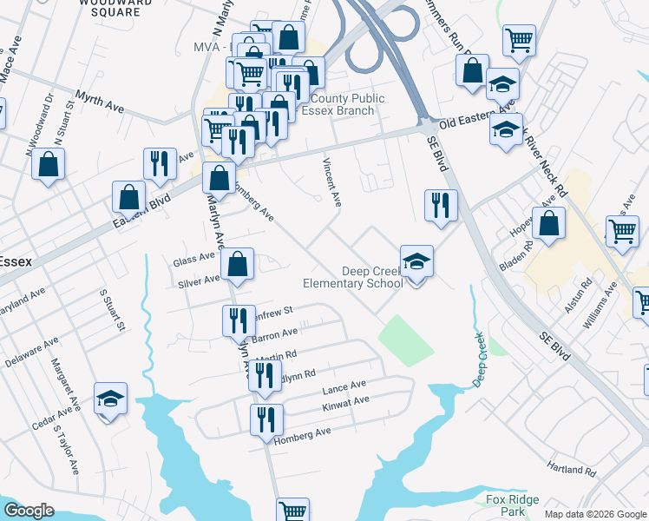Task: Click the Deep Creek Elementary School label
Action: point(353,277)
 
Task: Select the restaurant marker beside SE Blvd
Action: point(441,206)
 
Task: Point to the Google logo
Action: point(29,511)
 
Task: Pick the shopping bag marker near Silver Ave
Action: point(238,265)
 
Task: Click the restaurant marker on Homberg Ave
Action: point(266,420)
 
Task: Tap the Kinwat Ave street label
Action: point(345,401)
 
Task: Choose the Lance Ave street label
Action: point(344,386)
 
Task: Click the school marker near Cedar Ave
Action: point(110,399)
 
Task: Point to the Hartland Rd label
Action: point(573,470)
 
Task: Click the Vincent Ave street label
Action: point(331,181)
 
